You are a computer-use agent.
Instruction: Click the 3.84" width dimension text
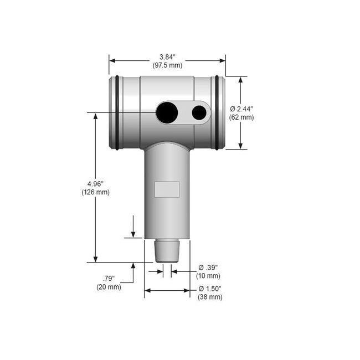point(167,57)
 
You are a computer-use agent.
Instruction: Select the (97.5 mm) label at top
point(167,65)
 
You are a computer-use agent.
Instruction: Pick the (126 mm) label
point(96,192)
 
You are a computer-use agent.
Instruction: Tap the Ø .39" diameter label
point(209,268)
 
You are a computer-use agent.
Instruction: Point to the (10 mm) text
point(209,276)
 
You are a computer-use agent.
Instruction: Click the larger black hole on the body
point(167,112)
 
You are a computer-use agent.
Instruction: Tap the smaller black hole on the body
point(199,112)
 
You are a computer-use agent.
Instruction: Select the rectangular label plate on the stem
point(167,189)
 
